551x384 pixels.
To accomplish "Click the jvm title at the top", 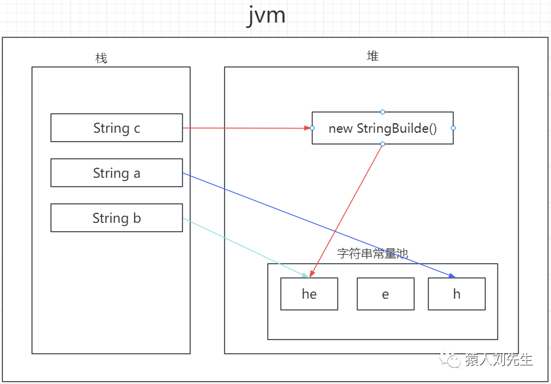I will (266, 15).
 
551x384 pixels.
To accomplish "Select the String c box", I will (117, 128).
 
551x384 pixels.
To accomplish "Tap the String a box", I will (117, 173).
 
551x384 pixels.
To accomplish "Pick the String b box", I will (117, 218).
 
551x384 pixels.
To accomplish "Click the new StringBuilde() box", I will (383, 128).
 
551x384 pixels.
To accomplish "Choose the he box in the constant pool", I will (309, 294).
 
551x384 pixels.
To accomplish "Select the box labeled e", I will (386, 294).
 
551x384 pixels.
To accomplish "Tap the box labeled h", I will (457, 294).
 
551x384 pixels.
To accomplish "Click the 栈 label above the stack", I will (101, 58).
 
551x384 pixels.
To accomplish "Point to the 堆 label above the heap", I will (373, 56).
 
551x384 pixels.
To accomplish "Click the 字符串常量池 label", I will (373, 254).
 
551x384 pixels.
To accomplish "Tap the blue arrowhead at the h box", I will (452, 276).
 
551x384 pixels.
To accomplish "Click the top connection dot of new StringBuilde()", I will (383, 112).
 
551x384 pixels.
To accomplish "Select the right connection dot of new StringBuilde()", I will (453, 128).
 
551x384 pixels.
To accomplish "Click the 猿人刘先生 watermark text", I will (499, 360).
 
